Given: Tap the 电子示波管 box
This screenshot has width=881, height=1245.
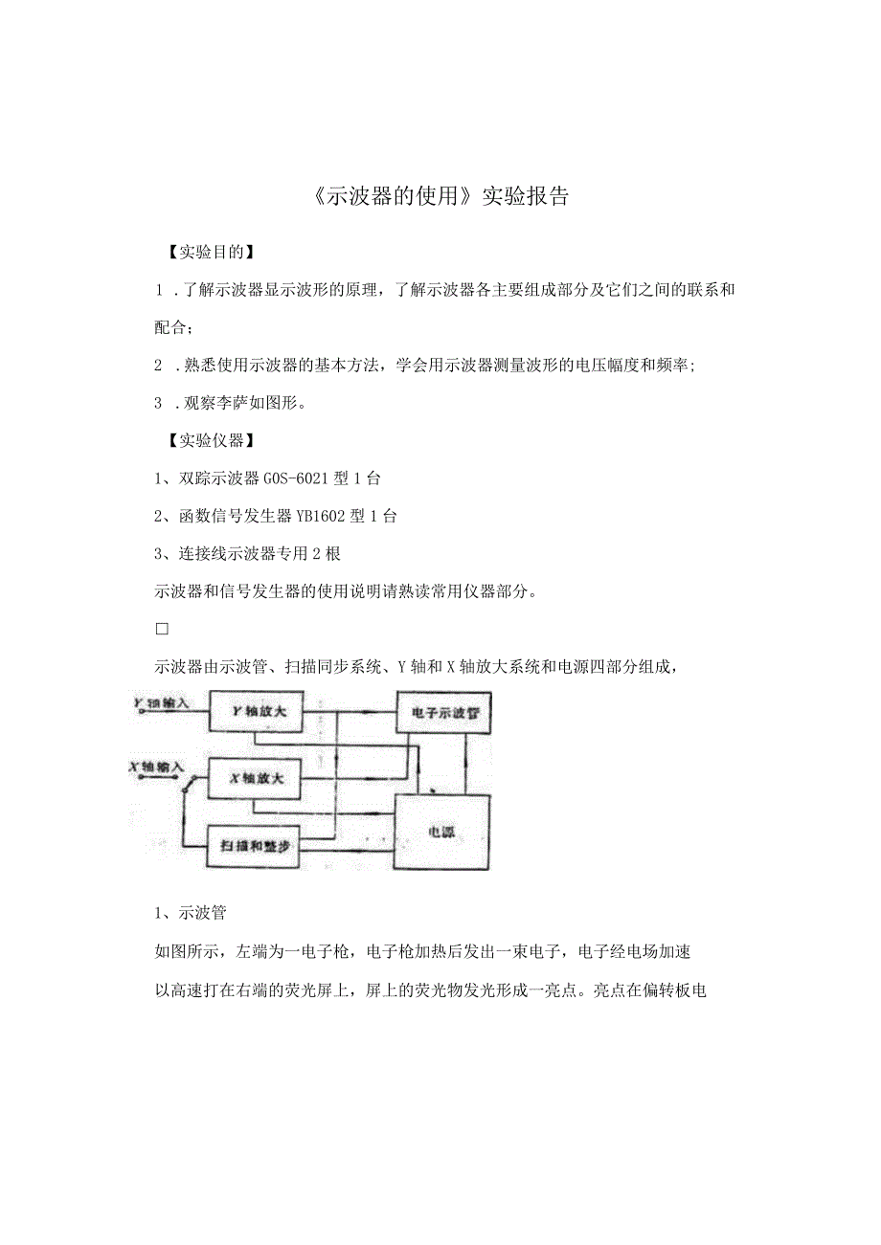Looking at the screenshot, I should [x=444, y=714].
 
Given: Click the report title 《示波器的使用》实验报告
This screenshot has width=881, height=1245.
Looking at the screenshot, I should [x=440, y=196].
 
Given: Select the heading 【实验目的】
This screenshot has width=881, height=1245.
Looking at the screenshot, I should [x=205, y=253].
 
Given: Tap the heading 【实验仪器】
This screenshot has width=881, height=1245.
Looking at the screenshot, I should [x=205, y=440].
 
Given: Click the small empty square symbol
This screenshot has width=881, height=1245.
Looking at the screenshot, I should [x=162, y=628].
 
